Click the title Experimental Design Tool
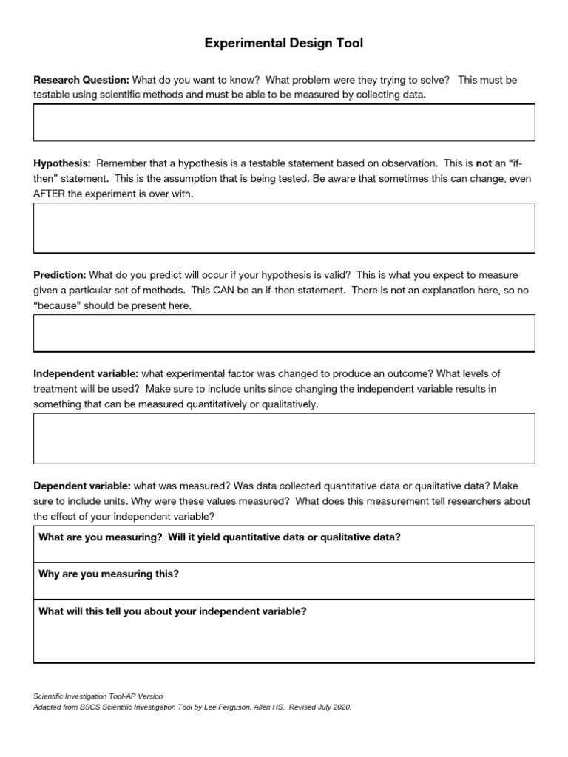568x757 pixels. pyautogui.click(x=284, y=44)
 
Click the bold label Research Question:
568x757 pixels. pyautogui.click(x=81, y=80)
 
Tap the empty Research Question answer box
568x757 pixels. pyautogui.click(x=284, y=122)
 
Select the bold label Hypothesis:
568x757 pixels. pyautogui.click(x=62, y=163)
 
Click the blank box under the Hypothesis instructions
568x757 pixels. pyautogui.click(x=284, y=228)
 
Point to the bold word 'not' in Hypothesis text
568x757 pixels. pyautogui.click(x=484, y=163)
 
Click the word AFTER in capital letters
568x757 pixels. pyautogui.click(x=50, y=194)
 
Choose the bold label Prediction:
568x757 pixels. pyautogui.click(x=60, y=275)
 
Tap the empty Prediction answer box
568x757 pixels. pyautogui.click(x=284, y=333)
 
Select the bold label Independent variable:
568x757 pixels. pyautogui.click(x=86, y=374)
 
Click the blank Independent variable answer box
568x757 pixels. pyautogui.click(x=284, y=438)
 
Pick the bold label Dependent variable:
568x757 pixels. pyautogui.click(x=82, y=486)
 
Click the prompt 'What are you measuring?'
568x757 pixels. pyautogui.click(x=100, y=537)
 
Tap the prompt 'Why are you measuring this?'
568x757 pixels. pyautogui.click(x=108, y=574)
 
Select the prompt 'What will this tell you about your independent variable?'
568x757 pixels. pyautogui.click(x=172, y=611)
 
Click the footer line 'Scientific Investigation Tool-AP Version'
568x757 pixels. pyautogui.click(x=98, y=696)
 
